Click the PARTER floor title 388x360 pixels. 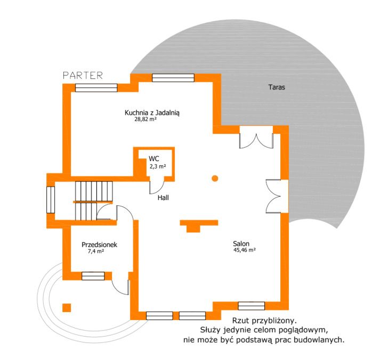(x=83, y=76)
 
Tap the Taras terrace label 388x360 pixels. (x=277, y=87)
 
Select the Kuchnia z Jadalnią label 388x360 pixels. (x=152, y=113)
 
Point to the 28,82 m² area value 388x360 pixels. (x=145, y=119)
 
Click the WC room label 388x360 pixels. (x=153, y=158)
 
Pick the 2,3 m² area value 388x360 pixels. (x=158, y=166)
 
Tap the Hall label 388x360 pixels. (x=163, y=197)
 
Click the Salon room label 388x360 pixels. (x=241, y=243)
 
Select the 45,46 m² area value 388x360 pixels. (x=245, y=250)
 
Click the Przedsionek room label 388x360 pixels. (x=99, y=245)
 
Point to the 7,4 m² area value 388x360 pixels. (x=96, y=251)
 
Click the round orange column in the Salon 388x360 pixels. (x=215, y=178)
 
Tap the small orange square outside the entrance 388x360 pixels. (x=67, y=308)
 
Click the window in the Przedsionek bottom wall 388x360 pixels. (x=93, y=276)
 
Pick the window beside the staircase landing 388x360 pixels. (x=51, y=199)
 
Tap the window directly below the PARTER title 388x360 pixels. (x=96, y=88)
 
